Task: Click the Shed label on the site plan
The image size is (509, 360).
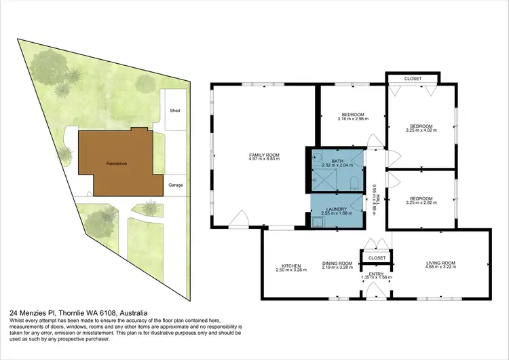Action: [175, 110]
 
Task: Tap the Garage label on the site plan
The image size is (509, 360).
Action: [176, 185]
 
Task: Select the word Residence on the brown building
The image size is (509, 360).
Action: [116, 164]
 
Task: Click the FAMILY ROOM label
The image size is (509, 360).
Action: [264, 156]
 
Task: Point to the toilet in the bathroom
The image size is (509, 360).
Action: [355, 183]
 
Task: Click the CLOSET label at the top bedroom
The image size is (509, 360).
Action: [413, 79]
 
